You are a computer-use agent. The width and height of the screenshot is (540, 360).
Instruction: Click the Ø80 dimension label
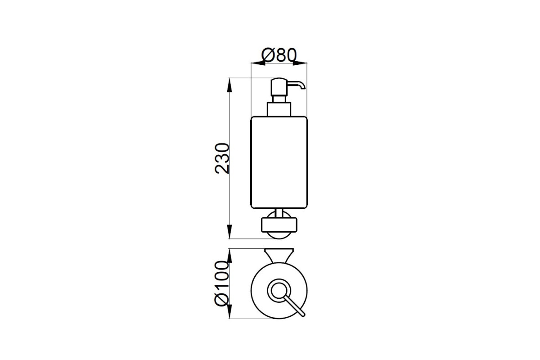(279, 55)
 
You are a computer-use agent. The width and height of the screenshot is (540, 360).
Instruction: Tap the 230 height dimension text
(53, 158)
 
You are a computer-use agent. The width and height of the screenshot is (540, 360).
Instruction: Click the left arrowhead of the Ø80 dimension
(258, 63)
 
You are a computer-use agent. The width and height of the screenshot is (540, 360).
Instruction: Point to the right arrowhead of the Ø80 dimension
(300, 63)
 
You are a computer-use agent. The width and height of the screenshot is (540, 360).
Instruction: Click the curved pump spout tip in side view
(302, 87)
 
